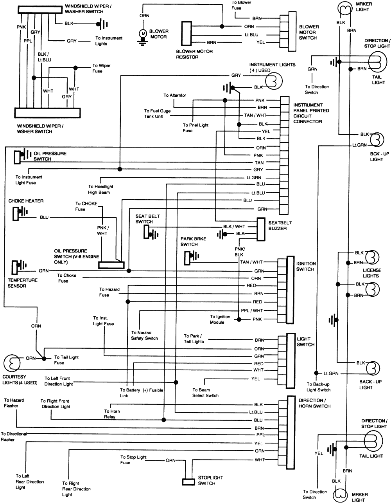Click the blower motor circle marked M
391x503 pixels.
coord(143,34)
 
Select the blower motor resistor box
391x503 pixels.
coord(187,34)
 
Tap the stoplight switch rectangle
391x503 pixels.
coord(188,482)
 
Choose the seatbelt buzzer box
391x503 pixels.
coord(261,229)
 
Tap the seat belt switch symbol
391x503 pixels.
coord(150,233)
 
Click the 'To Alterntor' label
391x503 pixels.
coord(175,96)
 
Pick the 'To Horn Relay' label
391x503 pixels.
coord(112,414)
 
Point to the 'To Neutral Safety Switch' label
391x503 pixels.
coord(144,335)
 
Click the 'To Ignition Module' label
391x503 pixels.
coord(220,319)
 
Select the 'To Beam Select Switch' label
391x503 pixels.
coord(205,393)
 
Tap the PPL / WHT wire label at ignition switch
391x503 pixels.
coord(252,310)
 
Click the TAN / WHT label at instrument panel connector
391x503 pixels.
coord(255,115)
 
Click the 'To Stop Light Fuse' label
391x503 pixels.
coord(133,460)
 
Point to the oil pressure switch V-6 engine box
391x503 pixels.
coord(111,265)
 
